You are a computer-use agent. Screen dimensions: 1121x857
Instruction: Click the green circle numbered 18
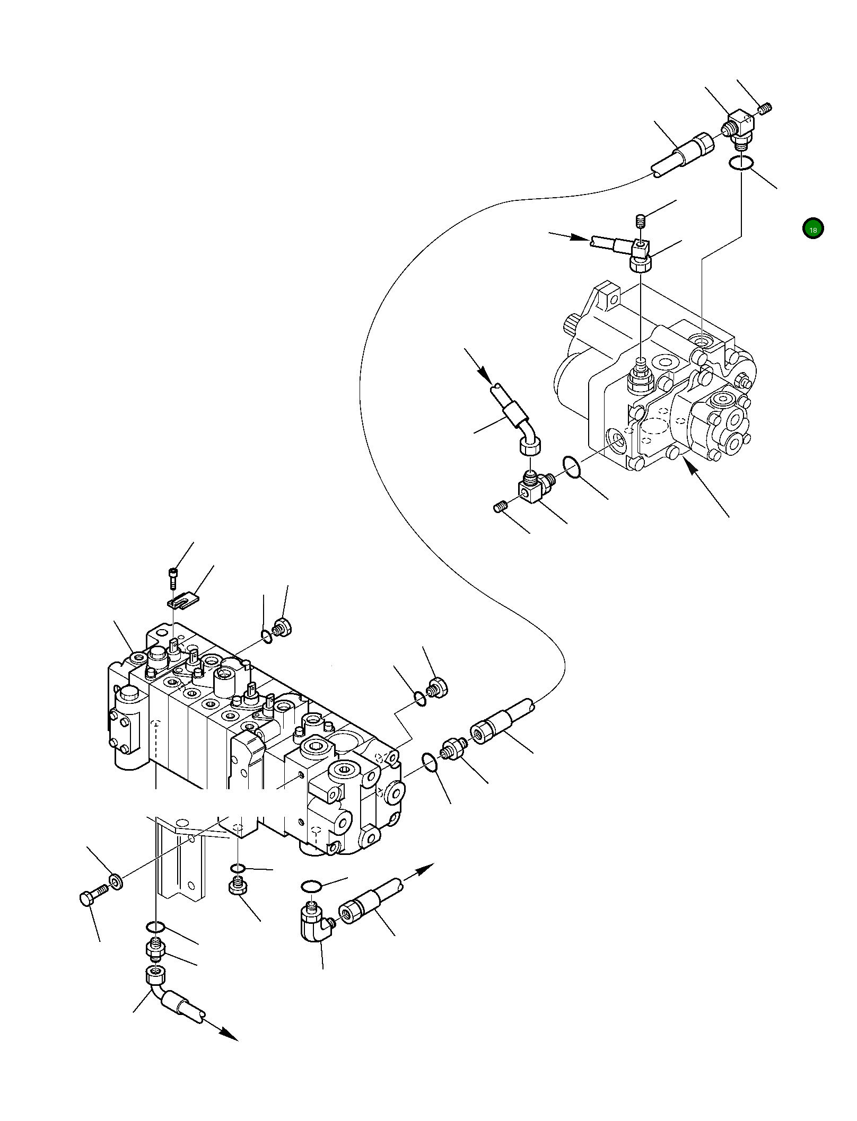click(x=812, y=229)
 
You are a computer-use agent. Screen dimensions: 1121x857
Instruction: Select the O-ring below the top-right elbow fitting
click(x=740, y=164)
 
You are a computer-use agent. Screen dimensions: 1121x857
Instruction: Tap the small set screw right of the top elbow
click(x=765, y=109)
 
